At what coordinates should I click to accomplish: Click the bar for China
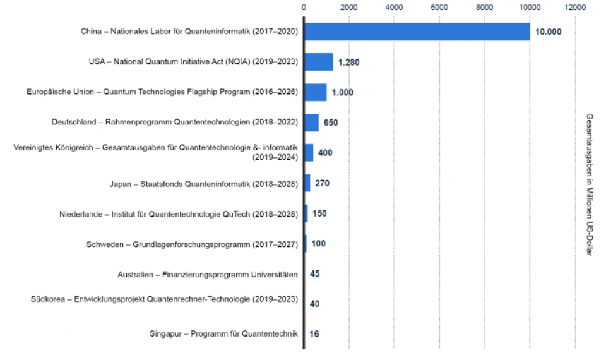[x=417, y=32]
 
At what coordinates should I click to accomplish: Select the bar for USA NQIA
[x=319, y=62]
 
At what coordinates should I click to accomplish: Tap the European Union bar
[x=316, y=92]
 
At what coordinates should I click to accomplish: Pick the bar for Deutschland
[x=311, y=123]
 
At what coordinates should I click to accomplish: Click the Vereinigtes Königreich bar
[x=309, y=153]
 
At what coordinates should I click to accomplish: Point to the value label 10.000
[x=548, y=32]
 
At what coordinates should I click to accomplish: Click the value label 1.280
[x=348, y=63]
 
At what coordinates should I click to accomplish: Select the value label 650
[x=331, y=123]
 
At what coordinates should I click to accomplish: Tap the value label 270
[x=322, y=183]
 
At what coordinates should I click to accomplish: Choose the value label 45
[x=315, y=274]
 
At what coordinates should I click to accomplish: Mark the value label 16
[x=314, y=334]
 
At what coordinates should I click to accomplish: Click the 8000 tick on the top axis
[x=484, y=8]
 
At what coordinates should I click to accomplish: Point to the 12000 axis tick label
[x=575, y=8]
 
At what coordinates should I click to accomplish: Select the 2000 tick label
[x=348, y=8]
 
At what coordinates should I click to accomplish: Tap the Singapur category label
[x=223, y=334]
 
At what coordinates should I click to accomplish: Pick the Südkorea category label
[x=164, y=299]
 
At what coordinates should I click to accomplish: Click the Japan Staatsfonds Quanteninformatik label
[x=203, y=183]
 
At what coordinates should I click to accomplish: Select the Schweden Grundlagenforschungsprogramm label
[x=192, y=244]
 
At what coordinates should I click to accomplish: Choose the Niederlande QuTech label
[x=179, y=213]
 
